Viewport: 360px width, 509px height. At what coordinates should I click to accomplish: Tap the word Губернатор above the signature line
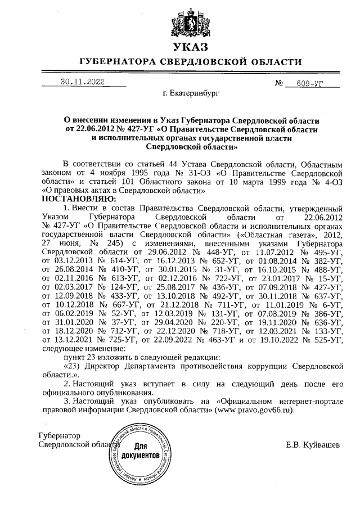coord(59,436)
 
